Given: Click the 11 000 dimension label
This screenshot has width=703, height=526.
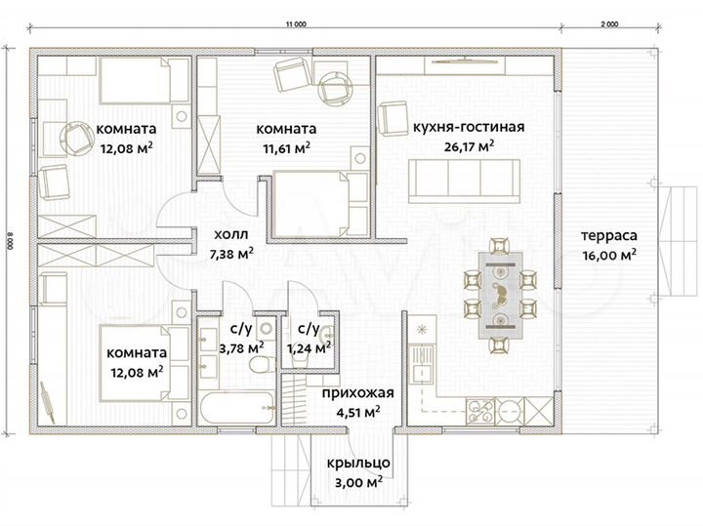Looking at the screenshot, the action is pos(296,24).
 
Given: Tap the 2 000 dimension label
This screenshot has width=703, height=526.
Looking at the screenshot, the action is pos(609,24).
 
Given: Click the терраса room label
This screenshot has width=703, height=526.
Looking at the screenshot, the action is pos(609,235).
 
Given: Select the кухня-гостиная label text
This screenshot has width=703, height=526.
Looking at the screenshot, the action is pos(469,127).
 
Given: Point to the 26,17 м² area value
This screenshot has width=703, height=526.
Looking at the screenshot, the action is pos(469,146).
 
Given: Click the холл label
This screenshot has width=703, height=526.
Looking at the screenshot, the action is pos(230,234).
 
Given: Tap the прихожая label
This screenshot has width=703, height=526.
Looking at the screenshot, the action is pos(357,393).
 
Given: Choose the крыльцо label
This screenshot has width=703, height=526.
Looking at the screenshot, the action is pos(358,464).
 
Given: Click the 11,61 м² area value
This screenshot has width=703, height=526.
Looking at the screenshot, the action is pos(286,148).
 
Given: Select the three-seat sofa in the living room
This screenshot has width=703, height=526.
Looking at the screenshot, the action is pos(464,181).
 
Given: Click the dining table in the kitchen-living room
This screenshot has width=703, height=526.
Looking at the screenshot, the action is pos(500,295).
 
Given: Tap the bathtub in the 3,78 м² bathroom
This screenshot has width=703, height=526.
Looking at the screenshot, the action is pos(237,408).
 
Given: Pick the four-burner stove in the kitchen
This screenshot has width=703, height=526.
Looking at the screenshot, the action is pos(480,411).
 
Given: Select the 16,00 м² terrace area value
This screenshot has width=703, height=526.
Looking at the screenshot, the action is pos(609,256).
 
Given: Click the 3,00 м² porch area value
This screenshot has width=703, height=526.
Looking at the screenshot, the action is pos(358,482).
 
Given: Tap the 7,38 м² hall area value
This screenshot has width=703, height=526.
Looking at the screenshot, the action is pos(231,254).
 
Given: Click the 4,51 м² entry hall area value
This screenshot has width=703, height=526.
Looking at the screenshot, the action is pos(358,412).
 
